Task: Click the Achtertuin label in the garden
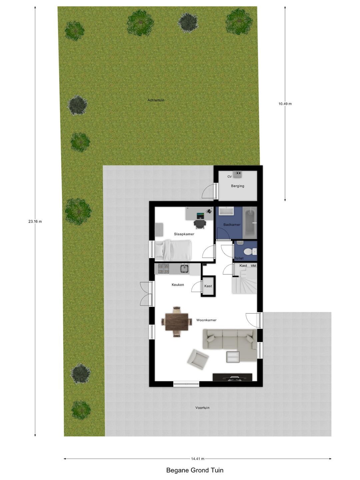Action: tap(156, 100)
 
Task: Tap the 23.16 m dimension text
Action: tap(35, 221)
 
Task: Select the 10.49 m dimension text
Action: tap(285, 104)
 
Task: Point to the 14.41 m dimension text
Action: tap(198, 459)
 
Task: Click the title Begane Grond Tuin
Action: tap(195, 470)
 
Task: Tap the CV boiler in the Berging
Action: tap(237, 174)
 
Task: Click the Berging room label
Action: tap(238, 186)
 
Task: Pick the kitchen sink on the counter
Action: tap(185, 269)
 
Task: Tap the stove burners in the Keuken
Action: tap(163, 269)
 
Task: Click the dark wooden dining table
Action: tap(177, 322)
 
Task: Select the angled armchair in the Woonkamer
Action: tap(198, 359)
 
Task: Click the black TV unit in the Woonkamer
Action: tap(232, 377)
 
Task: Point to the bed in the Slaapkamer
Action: tap(173, 250)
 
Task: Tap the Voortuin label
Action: tap(202, 408)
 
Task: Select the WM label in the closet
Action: tap(253, 266)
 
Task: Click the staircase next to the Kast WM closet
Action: tap(244, 281)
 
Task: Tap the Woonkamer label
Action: tap(206, 320)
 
